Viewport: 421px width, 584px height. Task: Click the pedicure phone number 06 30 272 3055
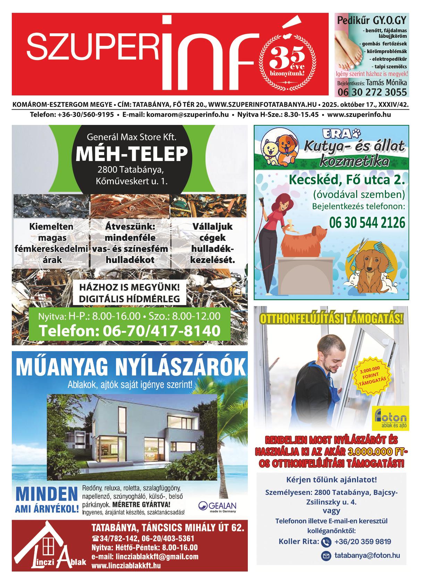(372, 92)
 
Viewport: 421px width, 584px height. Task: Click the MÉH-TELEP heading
(132, 154)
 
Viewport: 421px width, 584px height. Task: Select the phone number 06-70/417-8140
(129, 331)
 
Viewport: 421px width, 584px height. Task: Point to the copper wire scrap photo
(130, 205)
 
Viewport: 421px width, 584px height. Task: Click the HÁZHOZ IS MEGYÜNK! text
(129, 287)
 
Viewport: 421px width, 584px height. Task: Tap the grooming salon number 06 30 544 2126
(367, 222)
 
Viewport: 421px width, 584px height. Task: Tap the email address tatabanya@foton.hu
(367, 555)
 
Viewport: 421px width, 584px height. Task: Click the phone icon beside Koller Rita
(326, 542)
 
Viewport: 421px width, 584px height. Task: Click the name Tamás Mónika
(386, 83)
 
